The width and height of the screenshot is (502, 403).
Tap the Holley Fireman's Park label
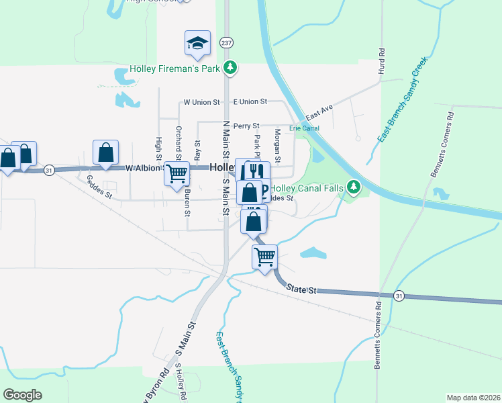[x=176, y=68]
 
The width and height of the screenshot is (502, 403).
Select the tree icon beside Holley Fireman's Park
[x=230, y=67]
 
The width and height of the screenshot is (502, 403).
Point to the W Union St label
[x=202, y=102]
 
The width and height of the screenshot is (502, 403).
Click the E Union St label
[x=250, y=101]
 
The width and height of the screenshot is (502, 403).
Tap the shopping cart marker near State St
[x=264, y=256]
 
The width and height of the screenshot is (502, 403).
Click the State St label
[x=301, y=289]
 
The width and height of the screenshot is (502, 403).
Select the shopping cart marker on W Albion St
[x=177, y=173]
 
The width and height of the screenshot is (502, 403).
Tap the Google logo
[x=22, y=395]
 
